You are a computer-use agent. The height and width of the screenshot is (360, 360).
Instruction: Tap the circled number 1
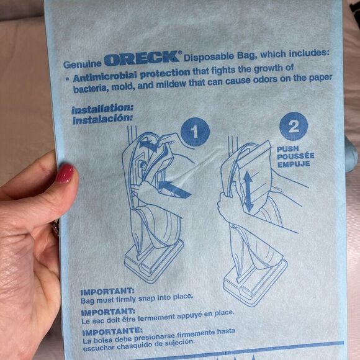pyautogui.click(x=195, y=132)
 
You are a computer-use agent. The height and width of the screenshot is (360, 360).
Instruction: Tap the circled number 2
pyautogui.click(x=294, y=126)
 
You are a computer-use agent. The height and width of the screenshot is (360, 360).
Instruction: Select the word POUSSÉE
pyautogui.click(x=295, y=156)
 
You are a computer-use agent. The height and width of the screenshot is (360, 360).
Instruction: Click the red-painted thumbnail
pyautogui.click(x=65, y=173)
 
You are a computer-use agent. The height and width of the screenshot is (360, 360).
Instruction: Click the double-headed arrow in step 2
pyautogui.click(x=248, y=192)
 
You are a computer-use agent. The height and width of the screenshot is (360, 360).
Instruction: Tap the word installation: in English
pyautogui.click(x=102, y=109)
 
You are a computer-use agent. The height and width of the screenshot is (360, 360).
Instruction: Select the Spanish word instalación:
pyautogui.click(x=102, y=119)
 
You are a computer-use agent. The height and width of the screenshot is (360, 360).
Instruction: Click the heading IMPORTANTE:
pyautogui.click(x=112, y=331)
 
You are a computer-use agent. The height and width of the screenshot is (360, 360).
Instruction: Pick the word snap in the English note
pyautogui.click(x=146, y=299)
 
